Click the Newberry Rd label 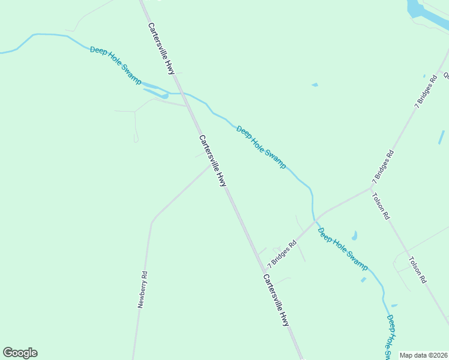[143, 290]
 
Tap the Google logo [20, 353]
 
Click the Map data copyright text [423, 355]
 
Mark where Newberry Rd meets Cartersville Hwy [212, 164]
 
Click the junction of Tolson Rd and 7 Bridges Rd [372, 188]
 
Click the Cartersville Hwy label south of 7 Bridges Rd [276, 300]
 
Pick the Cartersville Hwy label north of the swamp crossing [162, 49]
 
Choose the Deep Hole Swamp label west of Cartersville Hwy [116, 65]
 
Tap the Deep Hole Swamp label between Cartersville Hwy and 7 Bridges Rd [261, 146]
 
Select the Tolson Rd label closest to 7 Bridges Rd [381, 206]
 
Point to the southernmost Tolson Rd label [417, 270]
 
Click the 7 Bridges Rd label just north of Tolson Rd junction [383, 167]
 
